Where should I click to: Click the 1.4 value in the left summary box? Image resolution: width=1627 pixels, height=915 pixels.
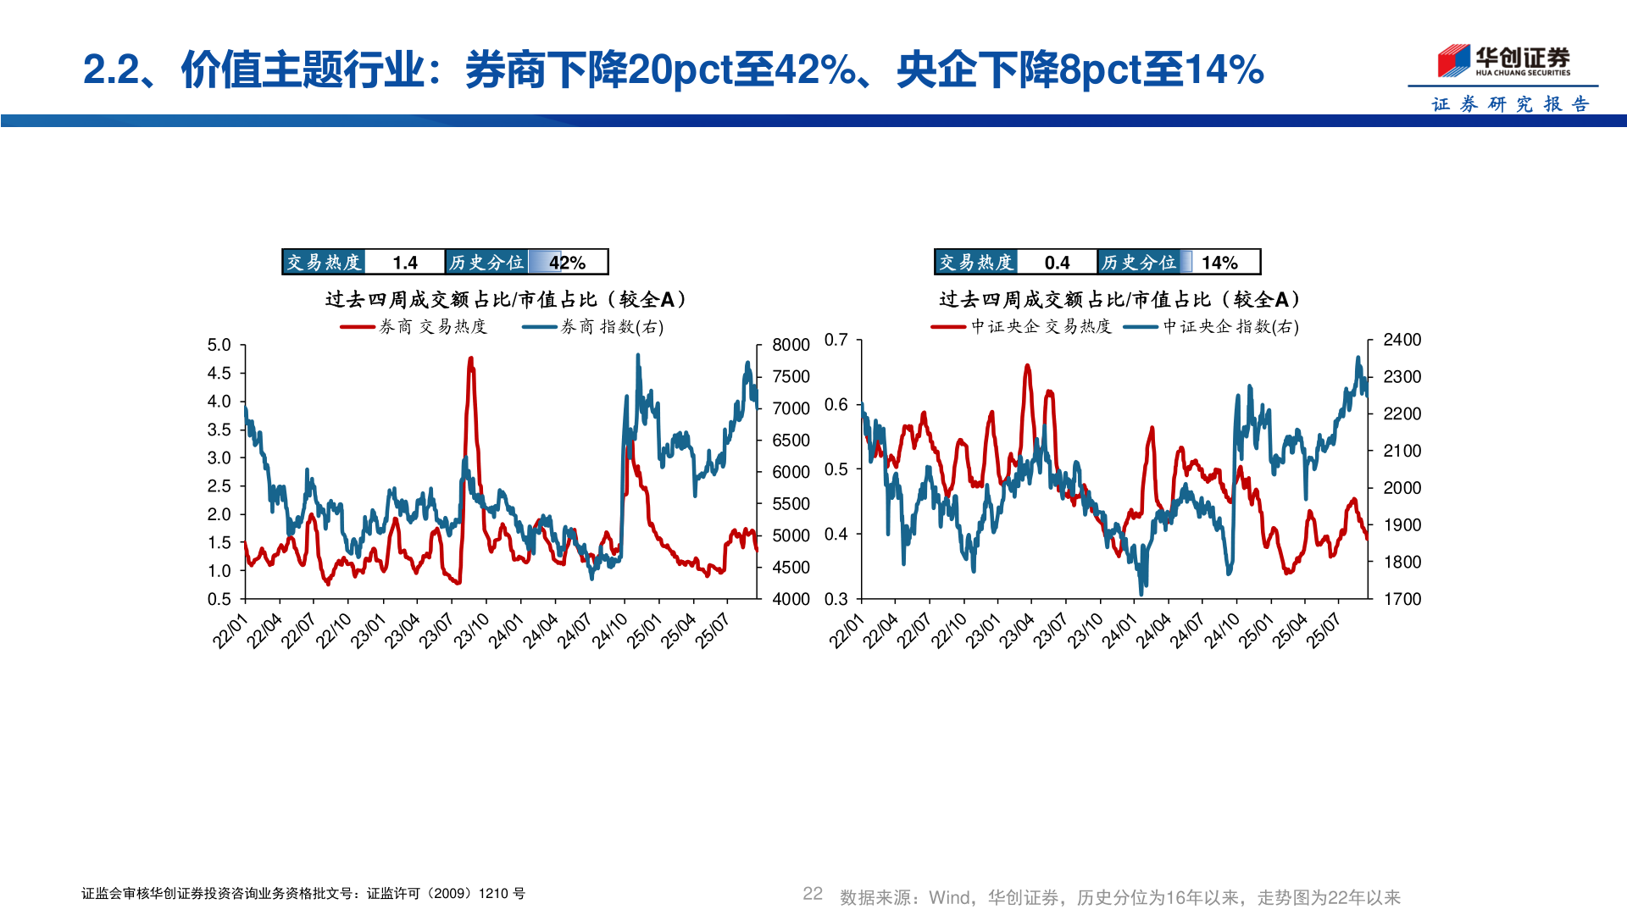tap(405, 263)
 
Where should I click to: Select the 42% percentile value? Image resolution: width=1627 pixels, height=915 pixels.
tap(567, 263)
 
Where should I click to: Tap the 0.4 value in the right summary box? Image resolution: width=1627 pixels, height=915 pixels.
tap(1057, 263)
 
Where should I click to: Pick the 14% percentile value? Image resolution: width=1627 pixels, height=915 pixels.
tap(1219, 263)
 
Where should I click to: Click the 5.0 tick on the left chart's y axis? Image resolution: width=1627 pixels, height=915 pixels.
tap(219, 345)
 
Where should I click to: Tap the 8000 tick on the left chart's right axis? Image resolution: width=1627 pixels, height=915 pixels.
tap(791, 345)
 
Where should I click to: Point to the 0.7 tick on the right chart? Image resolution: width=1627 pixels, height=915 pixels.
tap(836, 340)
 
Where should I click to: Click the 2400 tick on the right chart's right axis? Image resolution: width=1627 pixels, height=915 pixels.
tap(1402, 340)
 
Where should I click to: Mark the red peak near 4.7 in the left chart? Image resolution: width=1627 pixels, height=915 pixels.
tap(470, 359)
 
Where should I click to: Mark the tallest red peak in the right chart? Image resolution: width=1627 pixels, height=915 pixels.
tap(1027, 366)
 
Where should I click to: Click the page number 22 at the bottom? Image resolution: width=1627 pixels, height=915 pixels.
tap(812, 894)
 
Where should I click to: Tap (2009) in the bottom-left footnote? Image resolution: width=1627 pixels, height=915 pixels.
tap(452, 894)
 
